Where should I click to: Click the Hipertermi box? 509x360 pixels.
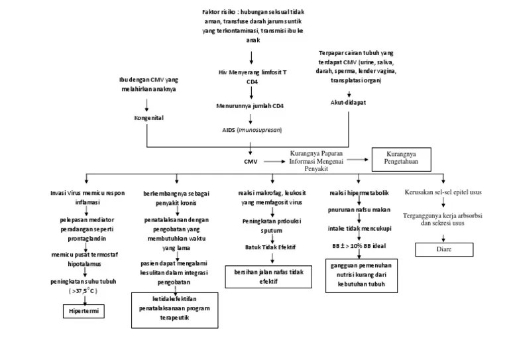[x=84, y=310]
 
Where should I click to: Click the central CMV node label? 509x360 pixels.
[x=250, y=160]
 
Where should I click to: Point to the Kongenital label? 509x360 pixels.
[x=148, y=118]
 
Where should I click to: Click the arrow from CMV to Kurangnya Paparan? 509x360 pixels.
[x=274, y=160]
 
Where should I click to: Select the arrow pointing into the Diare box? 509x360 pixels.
[x=443, y=235]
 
